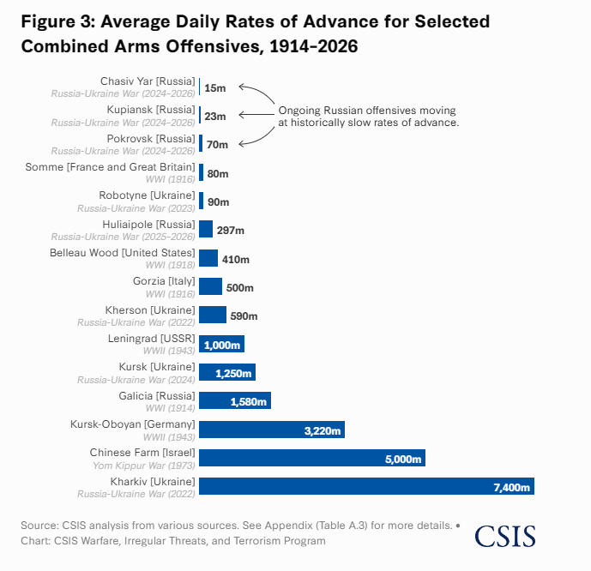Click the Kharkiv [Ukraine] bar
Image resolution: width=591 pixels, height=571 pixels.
366,486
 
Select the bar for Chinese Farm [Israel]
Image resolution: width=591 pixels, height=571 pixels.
312,458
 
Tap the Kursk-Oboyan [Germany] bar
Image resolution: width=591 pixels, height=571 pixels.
271,430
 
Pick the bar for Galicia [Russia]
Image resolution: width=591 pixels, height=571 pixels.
234,400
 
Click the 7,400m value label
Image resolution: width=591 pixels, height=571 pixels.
513,487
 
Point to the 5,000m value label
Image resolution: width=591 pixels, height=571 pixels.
404,459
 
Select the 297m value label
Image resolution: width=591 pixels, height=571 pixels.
231,230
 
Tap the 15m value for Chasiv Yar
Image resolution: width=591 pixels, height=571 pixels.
215,87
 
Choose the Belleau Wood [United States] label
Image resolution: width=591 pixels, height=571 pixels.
122,252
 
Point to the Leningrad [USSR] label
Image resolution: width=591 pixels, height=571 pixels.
154,338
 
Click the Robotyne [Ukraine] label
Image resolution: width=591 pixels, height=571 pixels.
147,195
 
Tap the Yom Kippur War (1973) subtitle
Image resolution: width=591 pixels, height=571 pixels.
144,465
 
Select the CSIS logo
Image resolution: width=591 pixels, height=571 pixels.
504,536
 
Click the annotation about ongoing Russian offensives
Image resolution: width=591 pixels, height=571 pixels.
368,117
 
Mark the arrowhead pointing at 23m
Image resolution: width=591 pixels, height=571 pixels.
241,115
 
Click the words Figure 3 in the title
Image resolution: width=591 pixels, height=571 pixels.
57,21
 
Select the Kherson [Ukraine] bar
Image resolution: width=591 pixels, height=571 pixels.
213,315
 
